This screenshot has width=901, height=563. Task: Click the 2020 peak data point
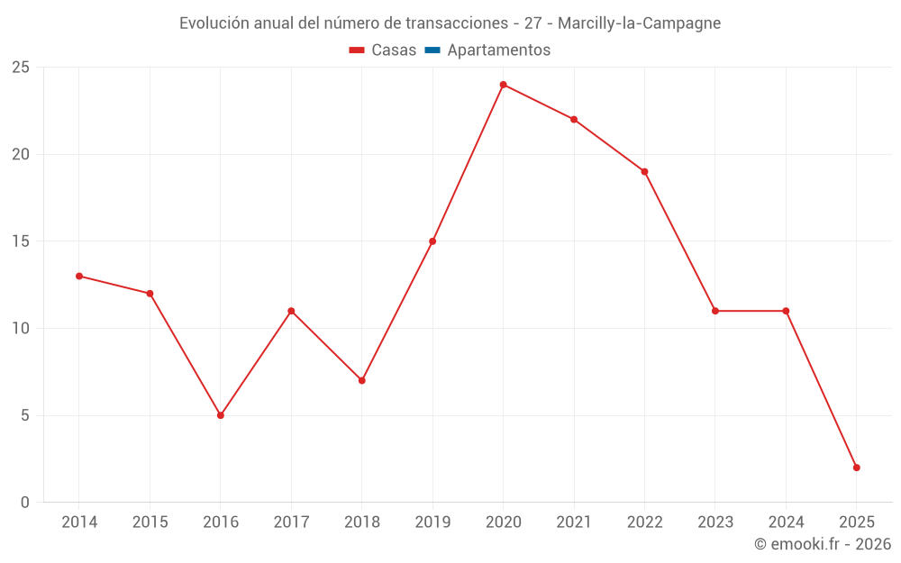pos(503,85)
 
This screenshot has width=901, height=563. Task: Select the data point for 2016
pos(221,415)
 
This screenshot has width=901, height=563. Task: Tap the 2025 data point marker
pos(856,468)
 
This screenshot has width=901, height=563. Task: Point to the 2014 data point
pos(79,277)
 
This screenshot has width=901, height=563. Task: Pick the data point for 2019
pos(432,241)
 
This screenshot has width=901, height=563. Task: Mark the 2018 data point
pos(361,380)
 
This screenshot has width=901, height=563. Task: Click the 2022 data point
pos(644,172)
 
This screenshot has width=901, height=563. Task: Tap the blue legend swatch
pos(432,50)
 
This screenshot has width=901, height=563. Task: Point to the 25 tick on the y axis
pos(20,68)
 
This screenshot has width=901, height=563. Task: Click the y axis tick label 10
pos(20,329)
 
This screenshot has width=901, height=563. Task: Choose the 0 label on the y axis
pos(25,503)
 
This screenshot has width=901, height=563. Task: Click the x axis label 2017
pos(291,522)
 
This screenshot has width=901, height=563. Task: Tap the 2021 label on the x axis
pos(574,522)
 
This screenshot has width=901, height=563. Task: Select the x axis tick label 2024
pos(786,522)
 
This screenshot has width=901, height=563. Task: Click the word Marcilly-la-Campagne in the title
pos(639,23)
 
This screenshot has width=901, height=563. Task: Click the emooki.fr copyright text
pos(822,544)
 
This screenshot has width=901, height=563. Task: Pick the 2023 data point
pos(715,311)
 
